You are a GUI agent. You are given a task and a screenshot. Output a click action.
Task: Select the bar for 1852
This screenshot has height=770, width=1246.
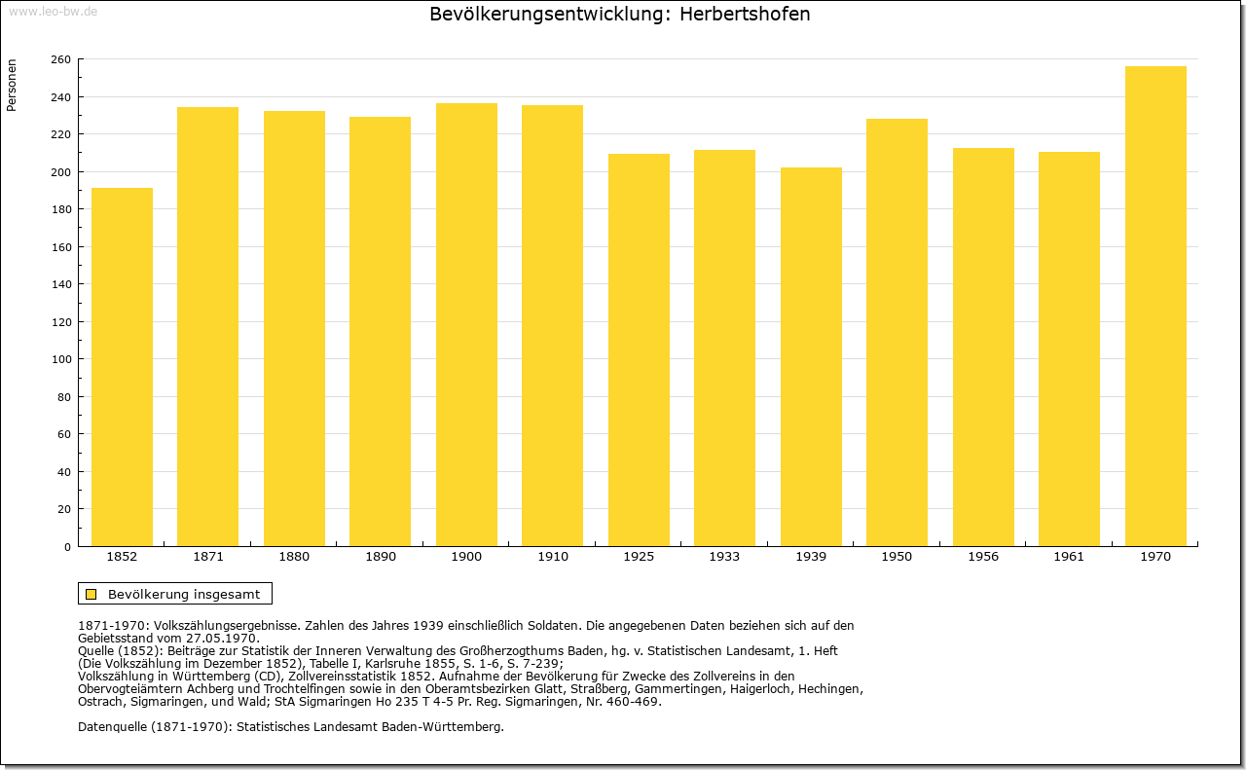[122, 367]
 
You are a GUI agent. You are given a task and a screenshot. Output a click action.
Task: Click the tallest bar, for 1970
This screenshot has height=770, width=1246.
[1155, 307]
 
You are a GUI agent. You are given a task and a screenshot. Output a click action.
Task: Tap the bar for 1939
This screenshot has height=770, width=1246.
[811, 356]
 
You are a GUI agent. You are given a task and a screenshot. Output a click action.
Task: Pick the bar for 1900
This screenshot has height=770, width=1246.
[466, 325]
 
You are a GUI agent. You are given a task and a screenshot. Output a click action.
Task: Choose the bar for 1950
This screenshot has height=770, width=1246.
[897, 333]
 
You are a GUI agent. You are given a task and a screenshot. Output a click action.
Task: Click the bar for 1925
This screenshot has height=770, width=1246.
[639, 349]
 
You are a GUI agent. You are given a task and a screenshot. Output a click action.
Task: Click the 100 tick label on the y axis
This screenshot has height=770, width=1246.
[61, 359]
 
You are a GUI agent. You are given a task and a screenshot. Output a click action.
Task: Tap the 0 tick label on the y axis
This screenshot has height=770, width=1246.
[67, 547]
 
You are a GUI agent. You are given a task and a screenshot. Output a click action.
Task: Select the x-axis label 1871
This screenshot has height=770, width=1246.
[208, 557]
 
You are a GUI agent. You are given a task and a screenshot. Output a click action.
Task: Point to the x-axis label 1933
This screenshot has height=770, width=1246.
[724, 557]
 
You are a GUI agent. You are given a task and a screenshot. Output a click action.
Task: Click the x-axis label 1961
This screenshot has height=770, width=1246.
[1069, 557]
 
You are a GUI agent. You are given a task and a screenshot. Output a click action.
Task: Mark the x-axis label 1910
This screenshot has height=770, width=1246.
[552, 557]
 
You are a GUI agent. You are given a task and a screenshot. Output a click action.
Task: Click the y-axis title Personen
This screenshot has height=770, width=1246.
[11, 85]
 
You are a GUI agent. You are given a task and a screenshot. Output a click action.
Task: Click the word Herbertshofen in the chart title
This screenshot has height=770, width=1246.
[745, 14]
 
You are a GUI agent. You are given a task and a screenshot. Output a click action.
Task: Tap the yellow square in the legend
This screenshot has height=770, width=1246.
[91, 594]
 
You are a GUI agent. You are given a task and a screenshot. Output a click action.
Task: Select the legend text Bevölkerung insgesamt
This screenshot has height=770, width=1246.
[184, 594]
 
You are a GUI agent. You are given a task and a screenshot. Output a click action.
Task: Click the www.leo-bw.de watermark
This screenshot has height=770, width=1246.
[53, 12]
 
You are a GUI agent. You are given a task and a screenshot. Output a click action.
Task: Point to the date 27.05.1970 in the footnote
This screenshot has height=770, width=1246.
[221, 639]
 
